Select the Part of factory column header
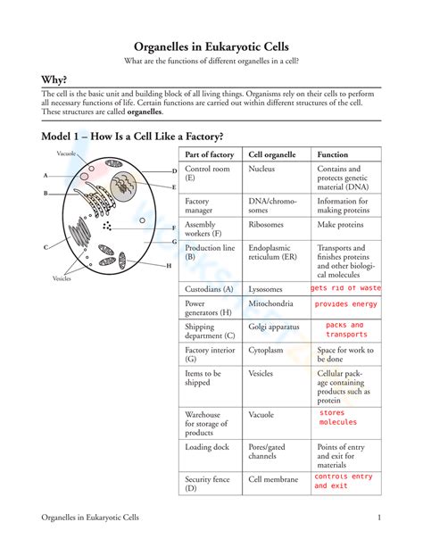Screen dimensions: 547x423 click(x=209, y=154)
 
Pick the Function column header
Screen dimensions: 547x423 click(x=333, y=154)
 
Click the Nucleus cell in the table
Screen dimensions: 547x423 click(x=261, y=169)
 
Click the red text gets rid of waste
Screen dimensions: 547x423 click(x=345, y=288)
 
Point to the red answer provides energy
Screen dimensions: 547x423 click(x=345, y=304)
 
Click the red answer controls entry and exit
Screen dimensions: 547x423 click(x=344, y=481)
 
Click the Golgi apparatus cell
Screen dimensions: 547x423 click(x=274, y=327)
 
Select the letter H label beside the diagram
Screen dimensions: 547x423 click(x=168, y=266)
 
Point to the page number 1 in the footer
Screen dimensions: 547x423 click(x=379, y=518)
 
